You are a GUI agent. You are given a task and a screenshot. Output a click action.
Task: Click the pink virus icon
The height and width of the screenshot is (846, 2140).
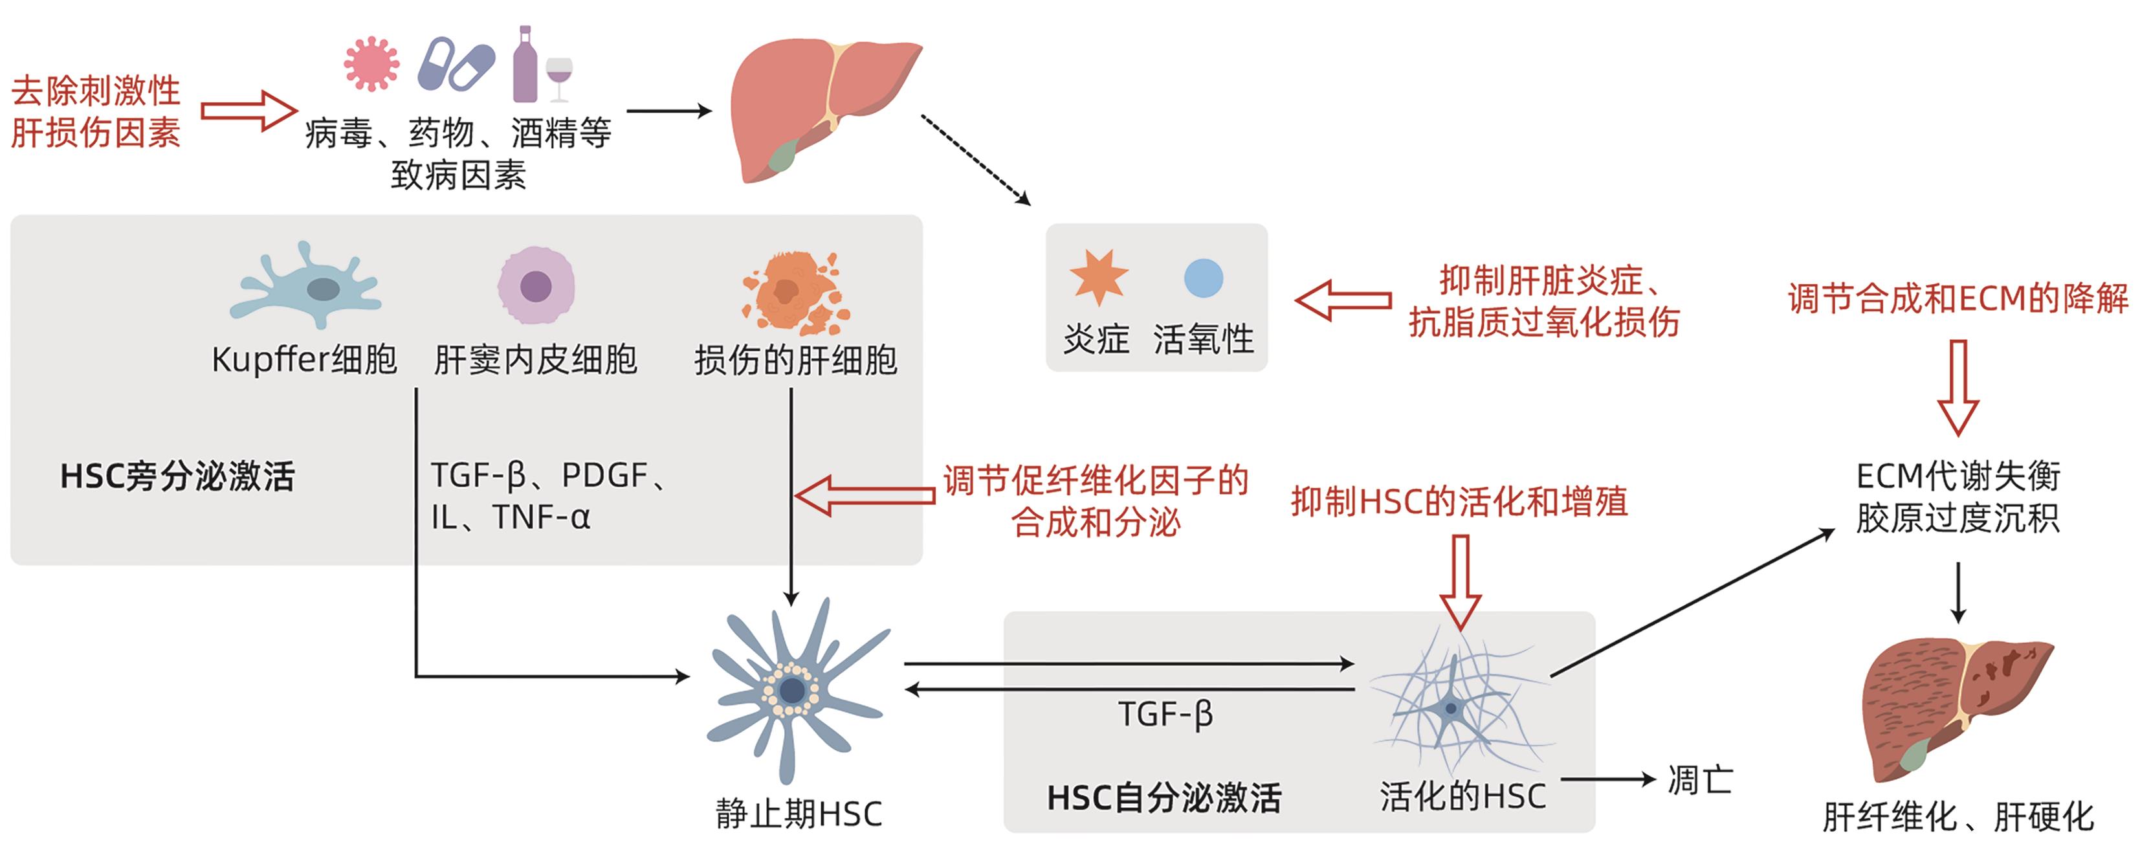371,63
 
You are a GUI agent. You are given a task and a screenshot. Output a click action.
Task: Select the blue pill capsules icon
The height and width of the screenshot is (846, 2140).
456,63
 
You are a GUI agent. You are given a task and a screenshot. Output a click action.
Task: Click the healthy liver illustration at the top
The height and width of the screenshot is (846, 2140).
814,104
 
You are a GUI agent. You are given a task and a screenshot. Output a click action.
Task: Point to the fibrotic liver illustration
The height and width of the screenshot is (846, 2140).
1952,706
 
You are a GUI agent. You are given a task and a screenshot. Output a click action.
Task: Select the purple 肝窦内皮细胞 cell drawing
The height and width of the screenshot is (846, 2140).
536,285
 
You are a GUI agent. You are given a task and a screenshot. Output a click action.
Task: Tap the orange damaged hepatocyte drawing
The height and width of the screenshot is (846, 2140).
793,293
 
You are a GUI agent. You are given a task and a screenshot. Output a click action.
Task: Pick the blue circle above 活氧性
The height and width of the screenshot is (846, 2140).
1203,278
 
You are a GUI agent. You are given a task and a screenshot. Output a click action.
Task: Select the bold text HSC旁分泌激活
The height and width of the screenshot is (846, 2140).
177,476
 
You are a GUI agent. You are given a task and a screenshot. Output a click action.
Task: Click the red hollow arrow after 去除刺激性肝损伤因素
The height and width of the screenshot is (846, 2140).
248,111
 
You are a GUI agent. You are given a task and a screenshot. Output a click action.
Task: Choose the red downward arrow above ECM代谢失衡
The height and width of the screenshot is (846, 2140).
1958,386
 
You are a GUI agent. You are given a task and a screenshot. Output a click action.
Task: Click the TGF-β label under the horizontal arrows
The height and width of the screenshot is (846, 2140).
1165,714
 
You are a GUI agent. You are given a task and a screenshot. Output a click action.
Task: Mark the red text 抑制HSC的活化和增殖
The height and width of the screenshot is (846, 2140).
1459,501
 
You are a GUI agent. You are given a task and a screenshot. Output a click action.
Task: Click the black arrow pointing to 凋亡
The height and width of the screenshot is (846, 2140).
1607,779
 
